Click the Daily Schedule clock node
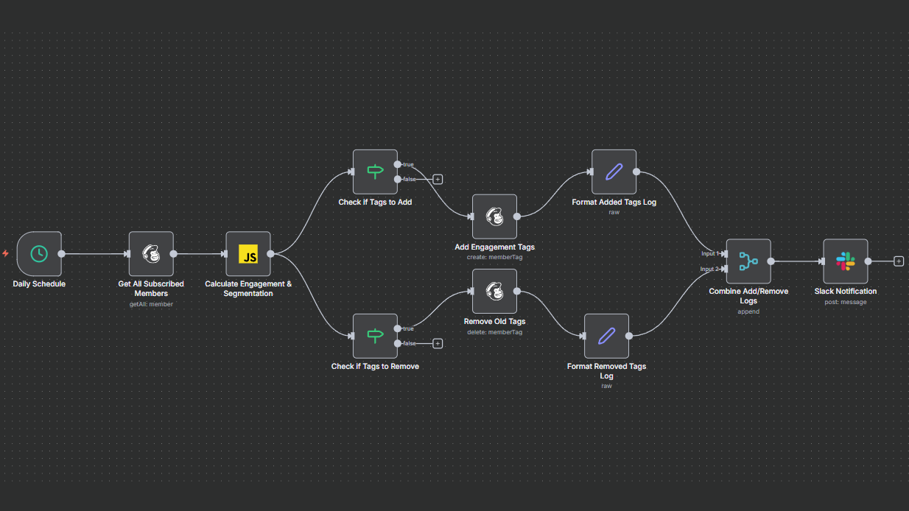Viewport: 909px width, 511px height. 39,254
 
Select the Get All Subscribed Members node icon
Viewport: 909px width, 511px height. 151,254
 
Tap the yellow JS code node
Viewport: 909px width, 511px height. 248,254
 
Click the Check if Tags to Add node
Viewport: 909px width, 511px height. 375,172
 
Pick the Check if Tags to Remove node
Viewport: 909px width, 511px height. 375,336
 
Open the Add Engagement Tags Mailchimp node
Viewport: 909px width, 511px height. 494,216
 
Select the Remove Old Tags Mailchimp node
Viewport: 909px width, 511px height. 494,291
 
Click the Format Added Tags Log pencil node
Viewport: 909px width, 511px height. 614,172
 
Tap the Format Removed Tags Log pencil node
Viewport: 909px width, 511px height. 606,336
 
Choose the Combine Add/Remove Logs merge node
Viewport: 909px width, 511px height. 748,261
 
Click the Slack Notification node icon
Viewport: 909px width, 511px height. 845,261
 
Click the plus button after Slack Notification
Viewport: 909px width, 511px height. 899,261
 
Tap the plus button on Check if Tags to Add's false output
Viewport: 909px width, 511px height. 438,179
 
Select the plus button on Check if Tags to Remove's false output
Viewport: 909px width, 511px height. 438,343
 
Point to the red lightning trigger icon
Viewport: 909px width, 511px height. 6,253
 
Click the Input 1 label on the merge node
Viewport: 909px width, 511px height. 709,253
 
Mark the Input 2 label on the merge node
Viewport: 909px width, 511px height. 709,269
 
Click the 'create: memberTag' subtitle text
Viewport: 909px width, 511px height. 494,257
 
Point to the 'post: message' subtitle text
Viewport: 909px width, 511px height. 845,302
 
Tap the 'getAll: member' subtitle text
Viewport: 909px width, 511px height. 151,303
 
